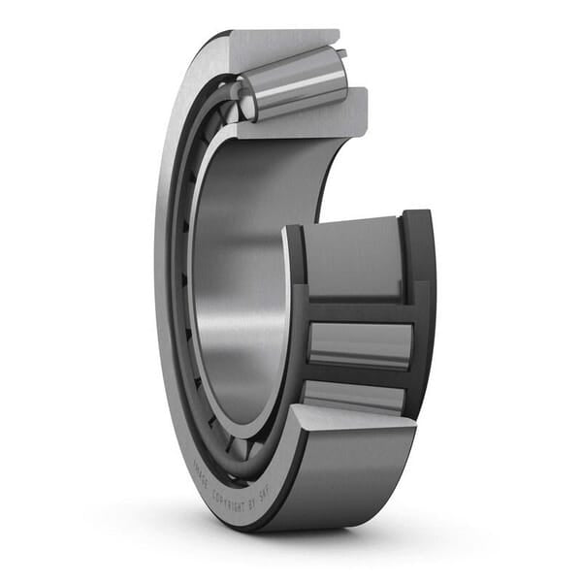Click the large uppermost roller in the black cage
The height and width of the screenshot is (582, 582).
(x=354, y=257)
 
